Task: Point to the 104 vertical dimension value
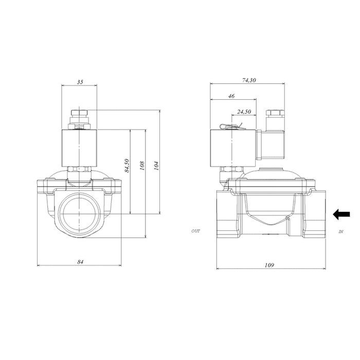tap(156, 165)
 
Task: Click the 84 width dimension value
tap(80, 262)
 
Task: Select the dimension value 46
tap(231, 96)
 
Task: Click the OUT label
tap(195, 232)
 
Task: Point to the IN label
tap(341, 232)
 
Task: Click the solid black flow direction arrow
tap(341, 214)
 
